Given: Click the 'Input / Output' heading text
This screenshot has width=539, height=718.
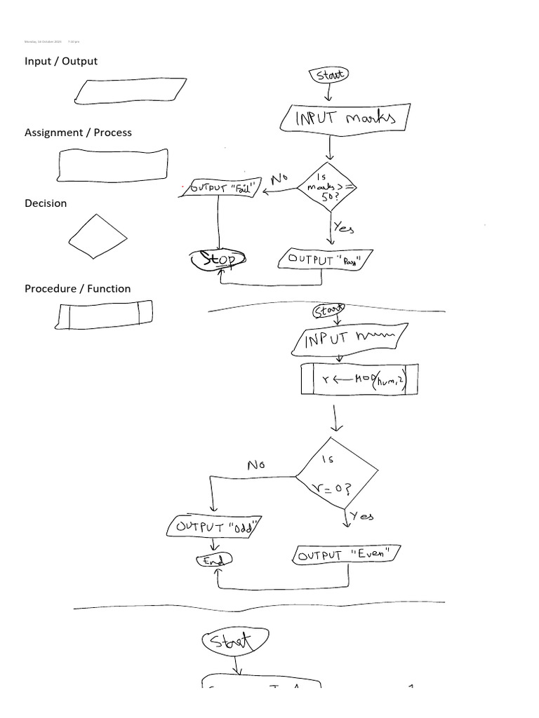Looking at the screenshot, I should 61,61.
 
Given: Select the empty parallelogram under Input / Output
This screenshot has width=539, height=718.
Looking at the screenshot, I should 131,91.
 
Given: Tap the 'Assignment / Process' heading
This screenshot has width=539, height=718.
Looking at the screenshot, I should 78,133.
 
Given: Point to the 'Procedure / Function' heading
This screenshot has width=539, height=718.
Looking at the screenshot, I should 77,288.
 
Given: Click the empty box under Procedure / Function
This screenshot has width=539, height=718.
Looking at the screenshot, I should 104,314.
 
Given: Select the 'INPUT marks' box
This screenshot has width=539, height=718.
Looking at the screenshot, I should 345,118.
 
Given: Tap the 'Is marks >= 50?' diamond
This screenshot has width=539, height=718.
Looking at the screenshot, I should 327,187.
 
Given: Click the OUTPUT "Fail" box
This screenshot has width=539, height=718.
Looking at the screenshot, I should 220,188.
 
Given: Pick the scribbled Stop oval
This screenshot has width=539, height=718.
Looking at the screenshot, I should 218,259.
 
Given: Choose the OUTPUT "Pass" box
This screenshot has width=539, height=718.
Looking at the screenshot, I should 325,259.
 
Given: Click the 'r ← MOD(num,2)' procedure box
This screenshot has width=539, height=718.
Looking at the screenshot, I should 359,379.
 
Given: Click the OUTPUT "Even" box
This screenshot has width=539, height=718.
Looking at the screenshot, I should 346,555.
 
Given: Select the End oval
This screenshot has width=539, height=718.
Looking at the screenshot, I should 213,560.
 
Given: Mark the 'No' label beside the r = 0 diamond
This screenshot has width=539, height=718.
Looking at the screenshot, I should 256,465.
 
